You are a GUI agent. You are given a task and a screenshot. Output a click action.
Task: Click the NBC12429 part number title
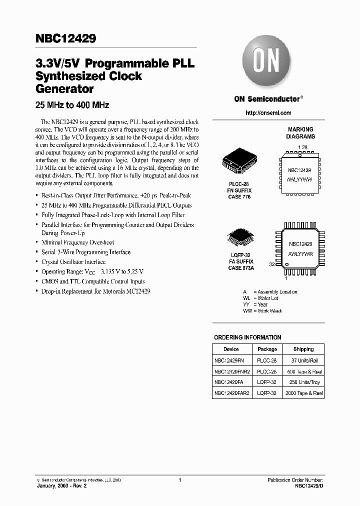pyautogui.click(x=66, y=38)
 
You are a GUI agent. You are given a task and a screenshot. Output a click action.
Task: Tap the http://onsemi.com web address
pyautogui.click(x=268, y=113)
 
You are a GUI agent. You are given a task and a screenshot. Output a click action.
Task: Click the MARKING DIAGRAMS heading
pyautogui.click(x=300, y=132)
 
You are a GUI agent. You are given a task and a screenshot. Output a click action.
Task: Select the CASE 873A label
pyautogui.click(x=241, y=268)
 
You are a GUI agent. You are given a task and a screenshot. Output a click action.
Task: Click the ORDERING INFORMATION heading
pyautogui.click(x=247, y=337)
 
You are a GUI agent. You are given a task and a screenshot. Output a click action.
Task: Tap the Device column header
pyautogui.click(x=231, y=349)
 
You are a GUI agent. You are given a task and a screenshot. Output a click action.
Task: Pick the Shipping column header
pyautogui.click(x=303, y=349)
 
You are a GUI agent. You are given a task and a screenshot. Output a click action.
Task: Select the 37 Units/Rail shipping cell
pyautogui.click(x=303, y=360)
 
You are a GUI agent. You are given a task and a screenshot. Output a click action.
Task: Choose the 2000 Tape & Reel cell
pyautogui.click(x=303, y=393)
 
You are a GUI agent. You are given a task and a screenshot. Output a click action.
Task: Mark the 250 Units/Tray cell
pyautogui.click(x=303, y=382)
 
